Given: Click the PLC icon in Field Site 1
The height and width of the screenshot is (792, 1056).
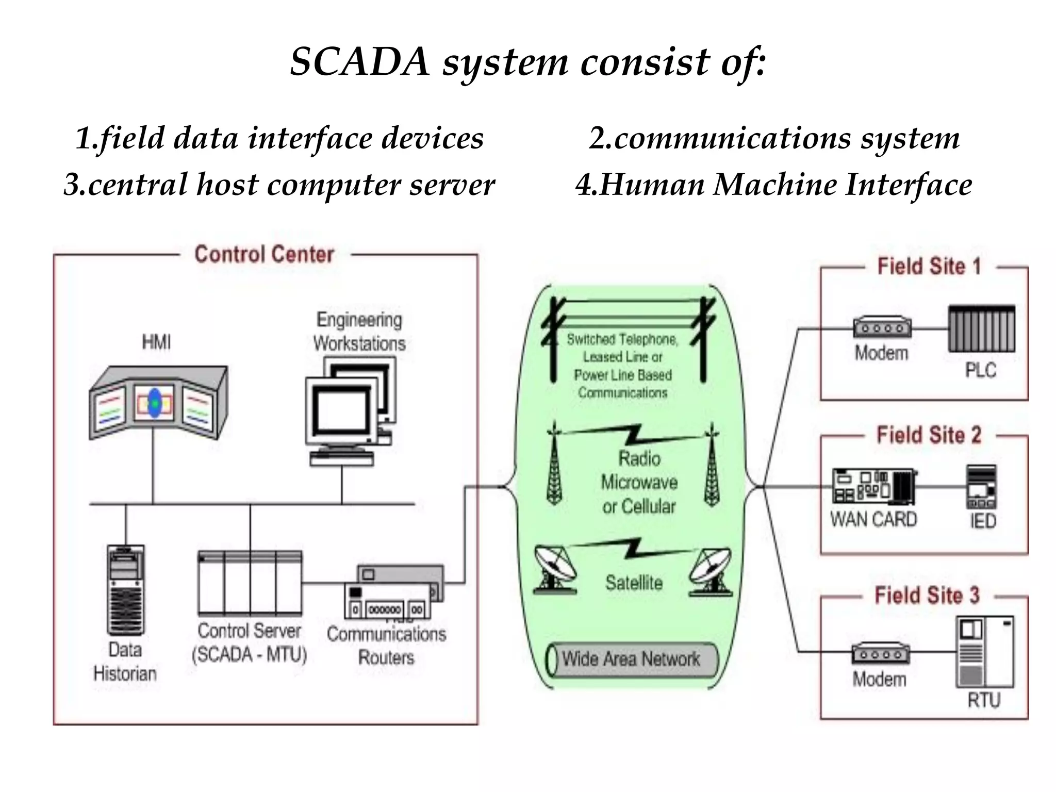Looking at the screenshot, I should pyautogui.click(x=981, y=329).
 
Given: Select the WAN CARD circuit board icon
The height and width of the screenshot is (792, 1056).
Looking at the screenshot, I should pyautogui.click(x=873, y=486).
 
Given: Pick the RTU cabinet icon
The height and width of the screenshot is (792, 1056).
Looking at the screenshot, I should pyautogui.click(x=984, y=652).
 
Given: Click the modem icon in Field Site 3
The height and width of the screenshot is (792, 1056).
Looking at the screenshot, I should pyautogui.click(x=880, y=654).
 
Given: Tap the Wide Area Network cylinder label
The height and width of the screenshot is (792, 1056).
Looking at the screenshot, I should pyautogui.click(x=631, y=659).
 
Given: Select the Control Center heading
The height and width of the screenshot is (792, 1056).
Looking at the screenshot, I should pyautogui.click(x=264, y=254).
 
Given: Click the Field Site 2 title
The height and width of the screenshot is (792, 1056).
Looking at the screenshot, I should pyautogui.click(x=929, y=435).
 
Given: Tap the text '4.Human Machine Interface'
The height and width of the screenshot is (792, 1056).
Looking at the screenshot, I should pyautogui.click(x=773, y=185).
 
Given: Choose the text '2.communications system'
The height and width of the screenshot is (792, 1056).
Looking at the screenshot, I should pyautogui.click(x=774, y=138).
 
